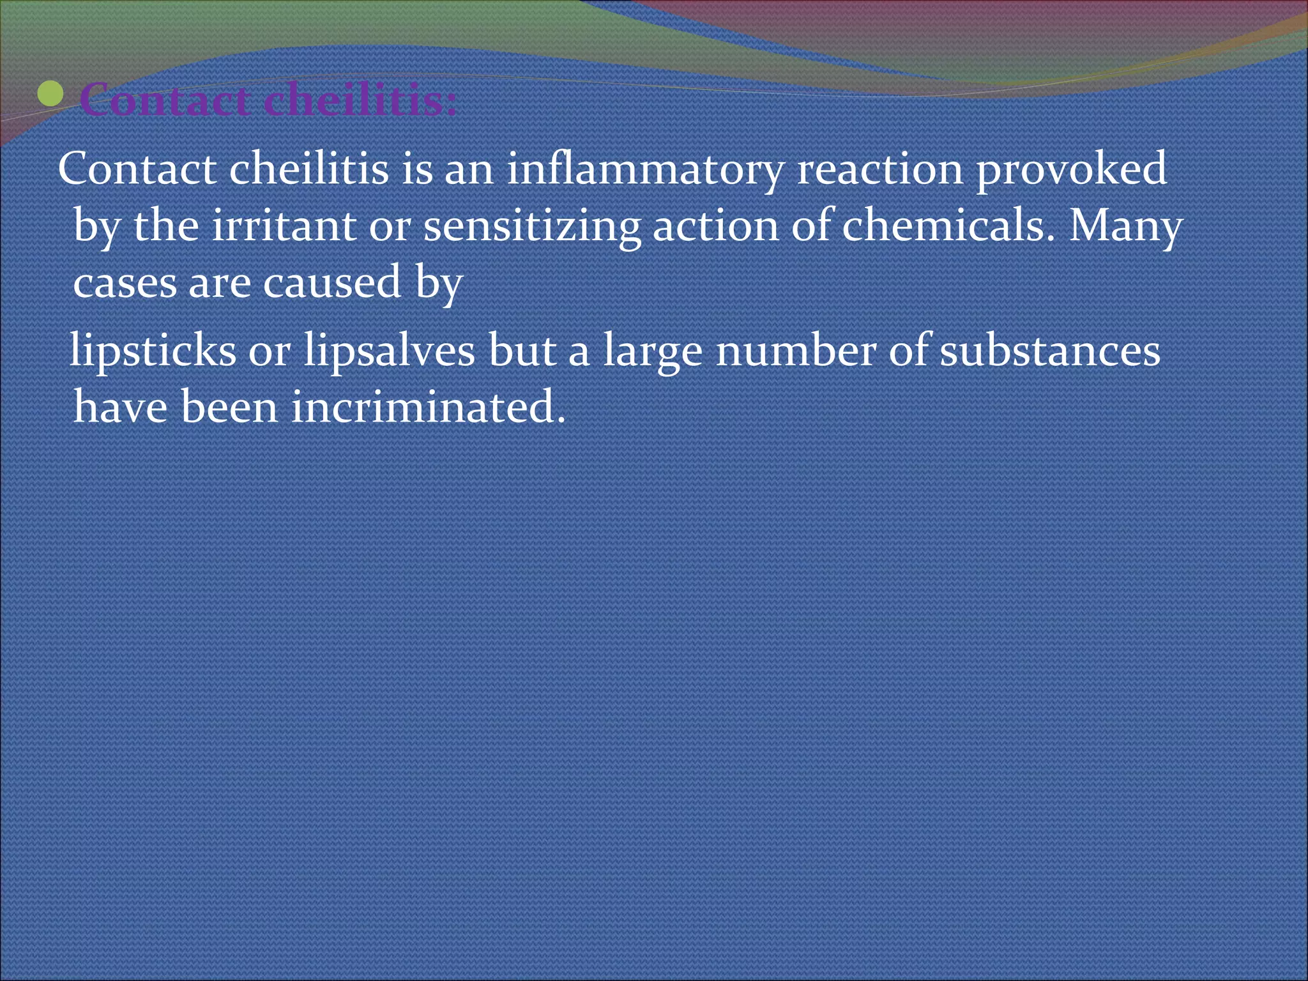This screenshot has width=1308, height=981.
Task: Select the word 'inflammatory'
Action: click(645, 170)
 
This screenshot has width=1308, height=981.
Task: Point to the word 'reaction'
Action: click(879, 170)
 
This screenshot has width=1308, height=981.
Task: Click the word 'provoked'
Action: click(1071, 170)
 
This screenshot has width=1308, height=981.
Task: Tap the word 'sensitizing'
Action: click(532, 227)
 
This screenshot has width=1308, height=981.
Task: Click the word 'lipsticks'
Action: click(153, 351)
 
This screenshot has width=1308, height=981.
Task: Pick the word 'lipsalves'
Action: click(389, 351)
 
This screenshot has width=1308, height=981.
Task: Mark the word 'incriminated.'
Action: click(429, 407)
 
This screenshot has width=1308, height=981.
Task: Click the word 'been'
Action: click(229, 407)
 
